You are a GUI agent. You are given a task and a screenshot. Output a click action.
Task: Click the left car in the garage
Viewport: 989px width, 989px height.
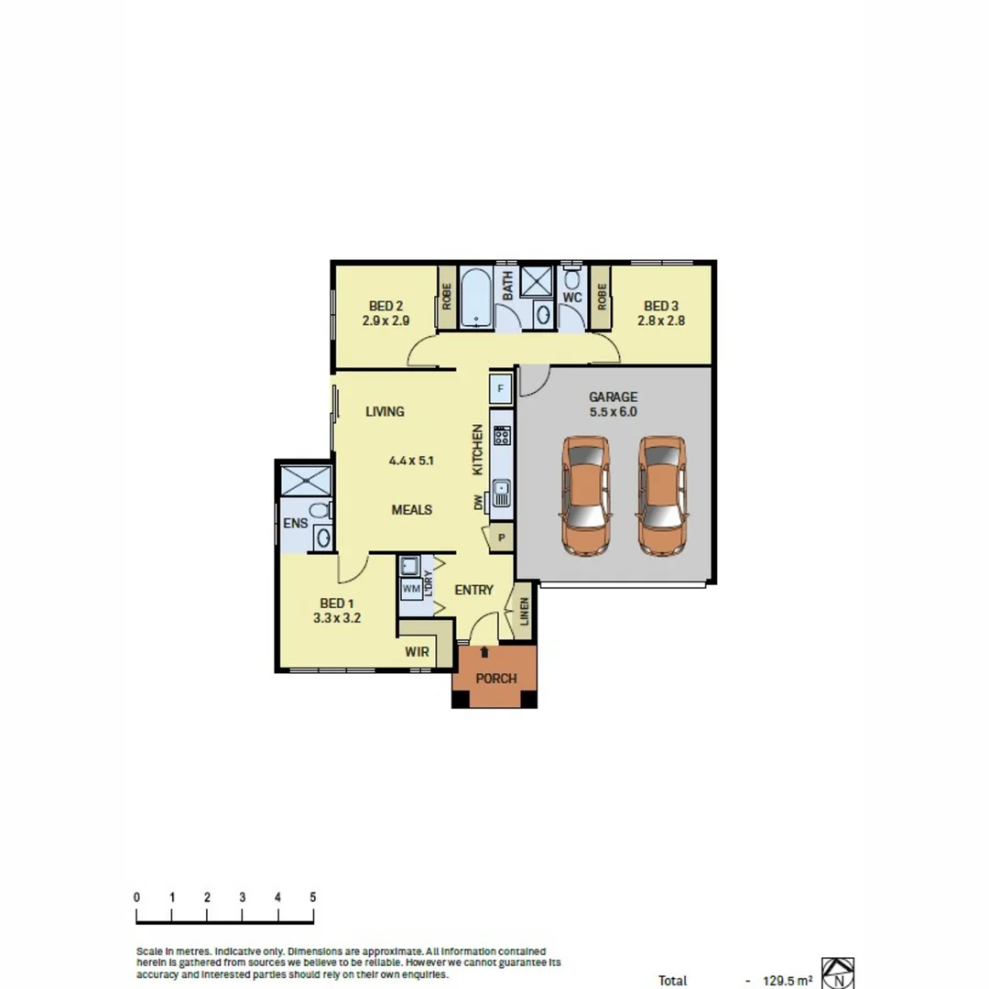586,495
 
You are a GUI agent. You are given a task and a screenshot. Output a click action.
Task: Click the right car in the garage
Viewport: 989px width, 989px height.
662,495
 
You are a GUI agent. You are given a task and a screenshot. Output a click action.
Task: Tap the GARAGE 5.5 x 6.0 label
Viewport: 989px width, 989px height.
613,405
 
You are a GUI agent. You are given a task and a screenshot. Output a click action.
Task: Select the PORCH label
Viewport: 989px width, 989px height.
495,679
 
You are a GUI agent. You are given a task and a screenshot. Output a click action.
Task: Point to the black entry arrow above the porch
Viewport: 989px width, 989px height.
484,651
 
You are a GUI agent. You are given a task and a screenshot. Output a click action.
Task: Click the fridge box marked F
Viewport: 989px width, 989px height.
500,387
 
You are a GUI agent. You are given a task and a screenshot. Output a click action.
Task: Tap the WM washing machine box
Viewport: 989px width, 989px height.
410,588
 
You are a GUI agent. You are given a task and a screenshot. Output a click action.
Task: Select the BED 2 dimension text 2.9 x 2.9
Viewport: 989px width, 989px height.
386,321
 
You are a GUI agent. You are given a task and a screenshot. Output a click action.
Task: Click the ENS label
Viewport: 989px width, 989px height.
295,524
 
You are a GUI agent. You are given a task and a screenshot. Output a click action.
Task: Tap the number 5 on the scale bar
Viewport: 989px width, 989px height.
313,897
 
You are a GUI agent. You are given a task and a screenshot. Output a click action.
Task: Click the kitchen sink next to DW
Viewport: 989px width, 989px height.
501,494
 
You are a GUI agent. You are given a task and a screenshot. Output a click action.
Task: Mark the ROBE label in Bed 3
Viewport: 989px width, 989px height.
602,297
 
